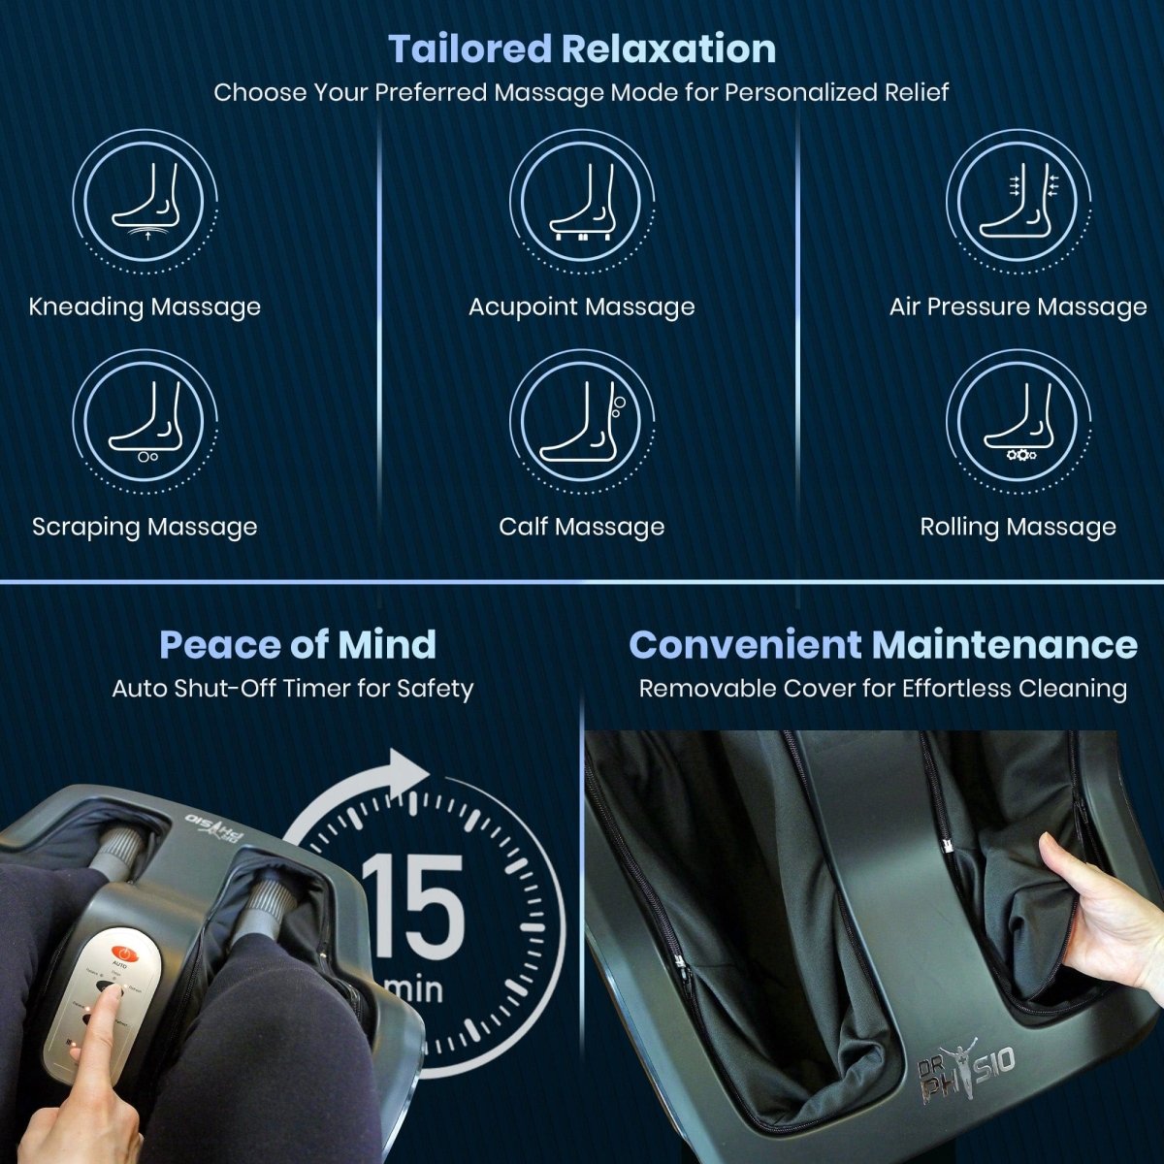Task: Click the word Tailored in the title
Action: pos(469,48)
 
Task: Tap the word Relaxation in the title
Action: pos(668,48)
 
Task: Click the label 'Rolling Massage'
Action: pos(1018,527)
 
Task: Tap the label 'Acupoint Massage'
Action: pos(581,307)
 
